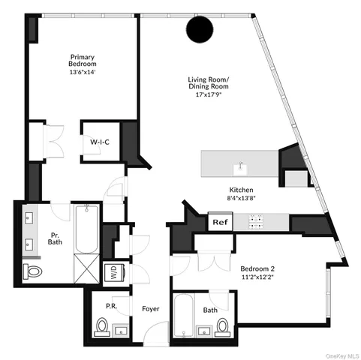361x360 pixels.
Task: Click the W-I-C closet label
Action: pyautogui.click(x=101, y=141)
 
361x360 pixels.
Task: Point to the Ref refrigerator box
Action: pyautogui.click(x=220, y=222)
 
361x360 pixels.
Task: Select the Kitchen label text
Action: pyautogui.click(x=241, y=190)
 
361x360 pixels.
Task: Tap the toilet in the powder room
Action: pyautogui.click(x=102, y=327)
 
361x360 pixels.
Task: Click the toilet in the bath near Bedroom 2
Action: pyautogui.click(x=222, y=325)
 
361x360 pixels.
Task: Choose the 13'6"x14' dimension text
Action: pyautogui.click(x=83, y=73)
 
